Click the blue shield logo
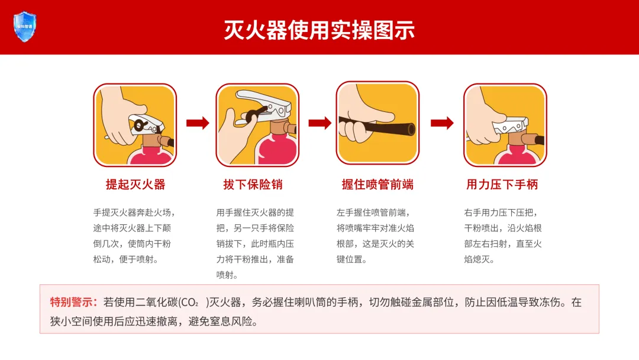coord(25,27)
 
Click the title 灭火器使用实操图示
coord(319,30)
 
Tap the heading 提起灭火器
coord(135,184)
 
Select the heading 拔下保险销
coord(253,184)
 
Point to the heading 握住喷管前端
coord(377,184)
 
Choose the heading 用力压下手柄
coord(502,184)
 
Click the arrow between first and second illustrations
coord(198,123)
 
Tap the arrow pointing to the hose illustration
coord(320,123)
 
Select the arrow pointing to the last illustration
coord(442,123)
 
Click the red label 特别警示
coord(73,302)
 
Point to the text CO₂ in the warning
coord(189,303)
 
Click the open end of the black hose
coord(411,129)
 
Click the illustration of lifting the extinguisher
coord(135,125)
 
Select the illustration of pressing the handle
coord(505,125)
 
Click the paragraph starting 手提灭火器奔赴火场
coord(134,236)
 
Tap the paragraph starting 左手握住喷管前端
coord(375,236)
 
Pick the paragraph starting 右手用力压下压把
coord(503,236)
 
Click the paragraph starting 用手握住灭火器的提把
coord(255,243)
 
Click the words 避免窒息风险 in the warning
coord(222,322)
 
